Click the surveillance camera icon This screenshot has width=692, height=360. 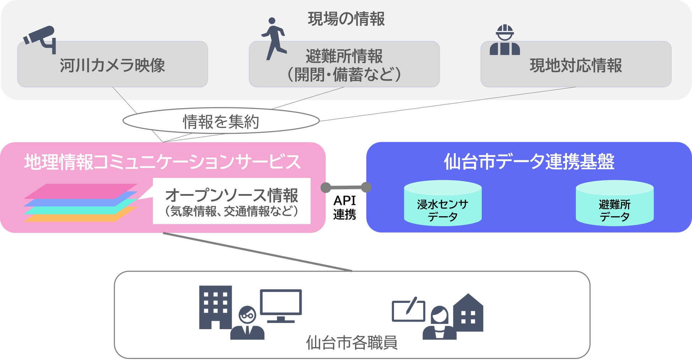coord(40,38)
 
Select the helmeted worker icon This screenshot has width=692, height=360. coord(505,40)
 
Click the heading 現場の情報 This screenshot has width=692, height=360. coord(346,19)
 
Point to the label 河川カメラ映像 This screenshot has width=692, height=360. coord(112,65)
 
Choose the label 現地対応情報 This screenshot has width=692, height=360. coord(576,65)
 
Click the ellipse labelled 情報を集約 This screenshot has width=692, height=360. coord(221,121)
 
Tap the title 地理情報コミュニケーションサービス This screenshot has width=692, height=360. coord(163,162)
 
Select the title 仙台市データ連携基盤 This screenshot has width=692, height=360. coord(529,162)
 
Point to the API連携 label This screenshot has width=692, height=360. coord(345,208)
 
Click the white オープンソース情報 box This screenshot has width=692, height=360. coord(231,201)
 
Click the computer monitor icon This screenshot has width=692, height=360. coord(281,304)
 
